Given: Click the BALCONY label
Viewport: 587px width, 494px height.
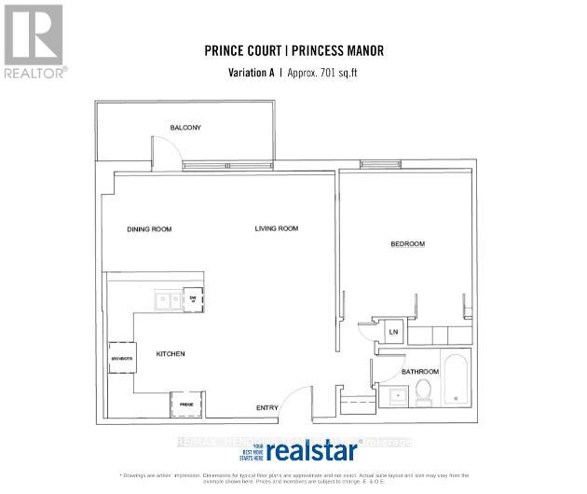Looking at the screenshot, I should [x=186, y=128].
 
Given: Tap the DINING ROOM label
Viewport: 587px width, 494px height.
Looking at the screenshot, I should [x=149, y=229].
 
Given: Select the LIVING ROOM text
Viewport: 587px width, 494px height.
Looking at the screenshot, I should [x=277, y=229].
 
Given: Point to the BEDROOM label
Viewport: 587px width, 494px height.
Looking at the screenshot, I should [x=407, y=244].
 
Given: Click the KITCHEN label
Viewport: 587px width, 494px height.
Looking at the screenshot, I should [x=171, y=354].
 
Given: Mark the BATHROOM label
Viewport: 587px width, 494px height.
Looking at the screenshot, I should [x=420, y=372].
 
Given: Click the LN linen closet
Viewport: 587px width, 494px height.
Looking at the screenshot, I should [x=393, y=332].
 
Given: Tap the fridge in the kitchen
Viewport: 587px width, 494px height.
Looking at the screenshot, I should [x=186, y=404].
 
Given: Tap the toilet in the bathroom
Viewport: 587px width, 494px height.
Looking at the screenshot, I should [x=426, y=390].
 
